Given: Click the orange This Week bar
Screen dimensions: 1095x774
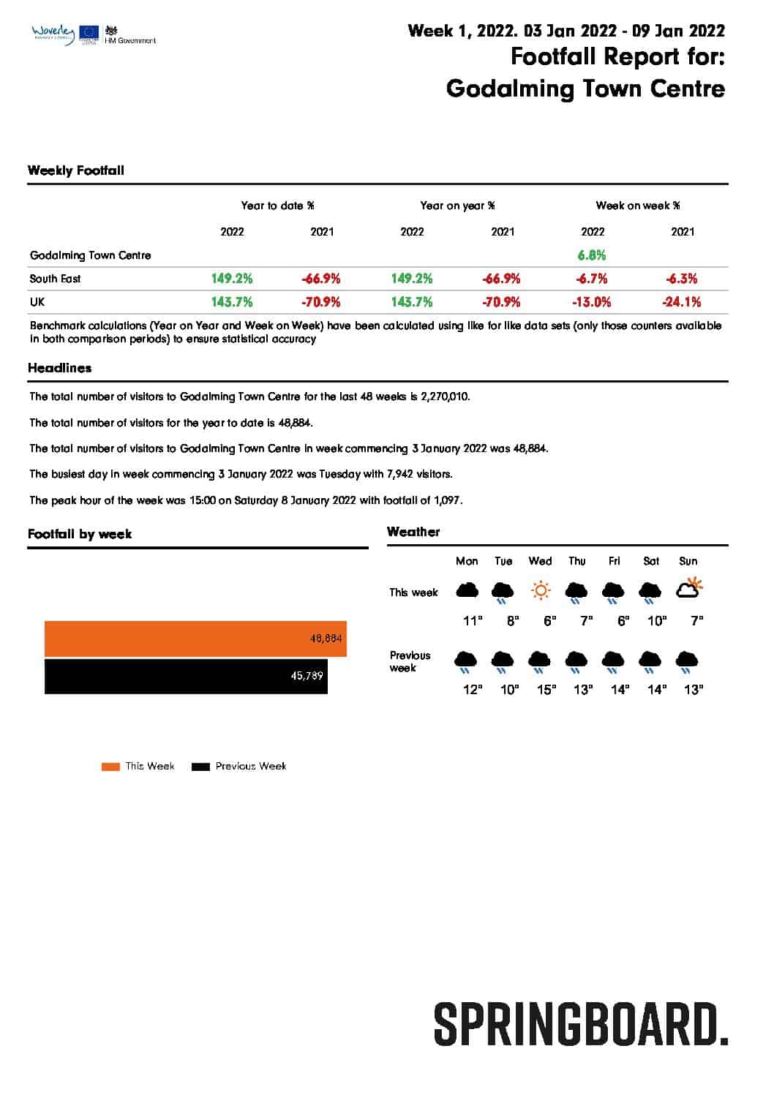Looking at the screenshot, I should pos(195,639).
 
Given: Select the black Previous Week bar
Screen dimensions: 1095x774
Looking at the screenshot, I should pos(186,676).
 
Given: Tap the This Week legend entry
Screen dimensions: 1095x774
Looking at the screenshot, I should pos(138,766).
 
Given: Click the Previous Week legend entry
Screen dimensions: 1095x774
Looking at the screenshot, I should pos(239,766).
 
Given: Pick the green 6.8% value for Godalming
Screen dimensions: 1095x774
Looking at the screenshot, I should pos(592,255).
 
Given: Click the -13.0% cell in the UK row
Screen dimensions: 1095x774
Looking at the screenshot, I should pos(592,302).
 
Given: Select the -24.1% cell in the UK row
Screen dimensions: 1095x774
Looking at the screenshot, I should pos(682,302).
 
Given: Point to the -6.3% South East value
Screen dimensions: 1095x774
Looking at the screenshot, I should pos(682,279).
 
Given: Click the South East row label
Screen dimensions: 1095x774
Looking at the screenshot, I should pos(56,279).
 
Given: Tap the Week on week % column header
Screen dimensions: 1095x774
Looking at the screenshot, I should pos(637,206).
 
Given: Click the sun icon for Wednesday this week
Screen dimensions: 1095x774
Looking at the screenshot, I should pos(540,590).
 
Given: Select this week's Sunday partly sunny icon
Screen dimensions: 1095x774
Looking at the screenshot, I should pos(689,588).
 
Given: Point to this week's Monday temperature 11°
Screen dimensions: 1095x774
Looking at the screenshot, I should pos(473,621).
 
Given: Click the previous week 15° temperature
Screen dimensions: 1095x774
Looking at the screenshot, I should pos(546,689).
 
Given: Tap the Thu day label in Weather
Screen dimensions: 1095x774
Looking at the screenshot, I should pos(576,561).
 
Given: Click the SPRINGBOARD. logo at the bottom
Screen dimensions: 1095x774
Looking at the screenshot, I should pos(581,1024).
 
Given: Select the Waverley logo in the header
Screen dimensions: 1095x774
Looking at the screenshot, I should pos(53,34).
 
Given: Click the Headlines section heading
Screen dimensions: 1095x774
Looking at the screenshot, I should pos(60,368).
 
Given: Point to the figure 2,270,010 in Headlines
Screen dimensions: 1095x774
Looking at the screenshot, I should pos(445,396).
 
